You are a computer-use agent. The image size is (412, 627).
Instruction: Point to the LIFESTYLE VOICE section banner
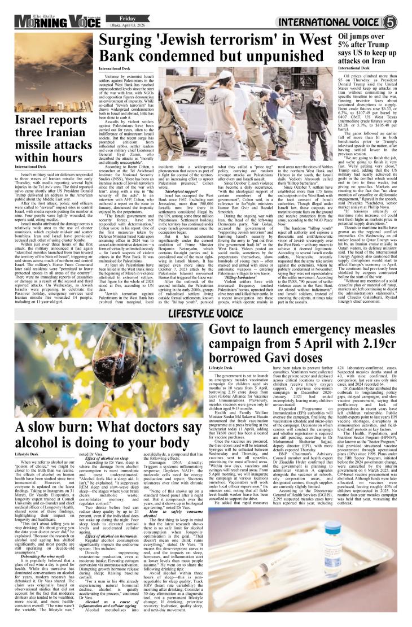(x=205, y=313)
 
